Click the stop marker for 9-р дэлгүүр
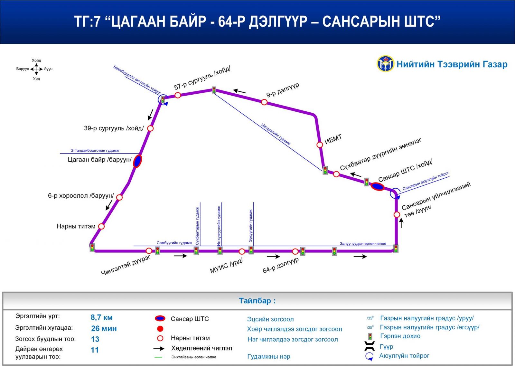(264, 102)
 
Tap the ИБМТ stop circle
(320, 145)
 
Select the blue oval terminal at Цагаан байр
(137, 161)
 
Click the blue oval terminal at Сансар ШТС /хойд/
(378, 186)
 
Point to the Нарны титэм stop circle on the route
(101, 226)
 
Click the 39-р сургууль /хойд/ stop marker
(150, 128)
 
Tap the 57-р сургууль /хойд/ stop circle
(178, 95)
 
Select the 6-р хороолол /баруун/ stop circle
(119, 197)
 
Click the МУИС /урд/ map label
(226, 266)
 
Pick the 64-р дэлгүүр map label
(281, 265)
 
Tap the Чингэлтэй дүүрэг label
(126, 265)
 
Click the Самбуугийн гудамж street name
(174, 243)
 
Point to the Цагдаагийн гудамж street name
(276, 134)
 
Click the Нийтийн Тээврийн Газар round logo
(385, 64)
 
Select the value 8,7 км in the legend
(101, 317)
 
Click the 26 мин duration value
(104, 328)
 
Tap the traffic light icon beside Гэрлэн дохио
(370, 337)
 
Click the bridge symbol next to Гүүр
(370, 346)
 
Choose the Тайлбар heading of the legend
(257, 301)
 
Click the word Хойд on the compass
(36, 61)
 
